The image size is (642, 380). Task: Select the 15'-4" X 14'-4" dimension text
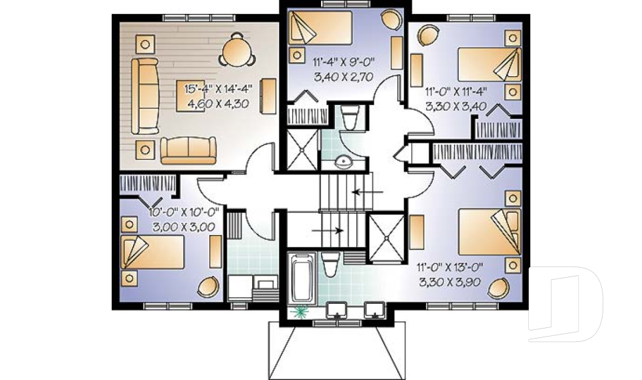218,89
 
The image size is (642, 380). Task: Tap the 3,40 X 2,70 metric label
344,77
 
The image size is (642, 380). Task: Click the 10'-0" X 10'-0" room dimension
184,212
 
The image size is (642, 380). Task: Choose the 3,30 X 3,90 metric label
449,282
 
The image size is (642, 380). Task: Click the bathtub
302,278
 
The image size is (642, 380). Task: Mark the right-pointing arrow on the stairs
328,230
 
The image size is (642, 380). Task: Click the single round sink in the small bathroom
342,162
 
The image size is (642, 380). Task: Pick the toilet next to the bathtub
330,264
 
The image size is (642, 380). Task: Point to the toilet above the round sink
350,118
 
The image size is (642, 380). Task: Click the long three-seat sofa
145,96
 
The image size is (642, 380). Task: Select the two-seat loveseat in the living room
189,150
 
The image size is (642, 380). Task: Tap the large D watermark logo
565,304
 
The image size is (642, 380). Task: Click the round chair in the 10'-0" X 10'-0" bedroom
209,287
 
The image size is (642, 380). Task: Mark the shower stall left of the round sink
302,150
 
